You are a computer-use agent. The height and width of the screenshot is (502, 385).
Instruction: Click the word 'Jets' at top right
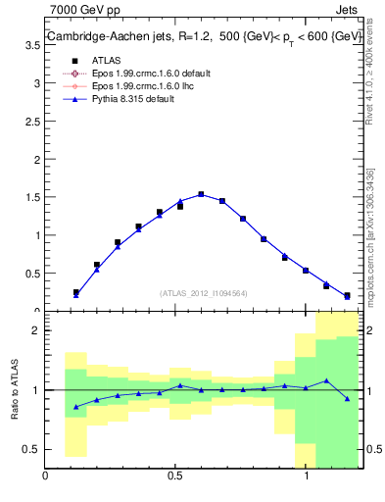[346, 11]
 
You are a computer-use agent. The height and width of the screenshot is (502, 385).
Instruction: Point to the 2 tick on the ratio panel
[36, 331]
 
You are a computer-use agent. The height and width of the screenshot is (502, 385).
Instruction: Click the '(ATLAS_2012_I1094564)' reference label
[205, 292]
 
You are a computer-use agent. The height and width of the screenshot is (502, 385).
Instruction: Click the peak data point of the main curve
[201, 194]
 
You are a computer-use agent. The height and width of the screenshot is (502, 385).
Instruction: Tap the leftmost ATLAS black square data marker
[75, 292]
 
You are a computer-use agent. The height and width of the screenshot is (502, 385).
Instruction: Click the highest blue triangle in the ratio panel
[326, 380]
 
